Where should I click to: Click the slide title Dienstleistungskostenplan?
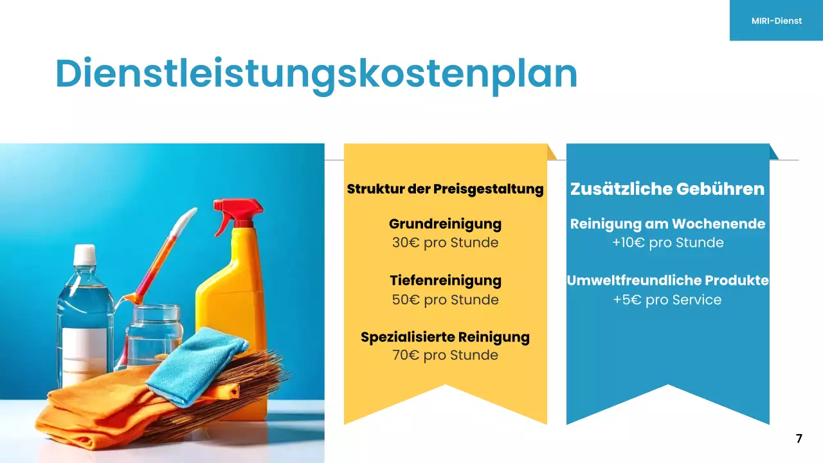coord(316,74)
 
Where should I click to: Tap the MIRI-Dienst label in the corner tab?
coord(776,21)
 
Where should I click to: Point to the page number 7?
coord(799,439)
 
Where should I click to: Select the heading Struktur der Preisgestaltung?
coord(445,189)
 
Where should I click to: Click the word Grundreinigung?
coord(445,224)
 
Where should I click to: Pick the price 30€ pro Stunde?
coord(445,243)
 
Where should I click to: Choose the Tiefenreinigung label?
coord(445,280)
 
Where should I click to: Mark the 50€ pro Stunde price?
coord(445,300)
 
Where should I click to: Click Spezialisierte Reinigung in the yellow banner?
coord(445,337)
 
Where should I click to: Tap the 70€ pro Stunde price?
coord(445,355)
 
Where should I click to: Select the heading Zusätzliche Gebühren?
coord(667,189)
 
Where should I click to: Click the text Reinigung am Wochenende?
coord(667,224)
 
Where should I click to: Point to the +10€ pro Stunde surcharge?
coord(667,243)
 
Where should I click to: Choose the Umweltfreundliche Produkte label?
coord(667,280)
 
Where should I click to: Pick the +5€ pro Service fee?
coord(667,300)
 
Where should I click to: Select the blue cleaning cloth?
coord(196,363)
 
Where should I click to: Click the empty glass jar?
coord(154,334)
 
